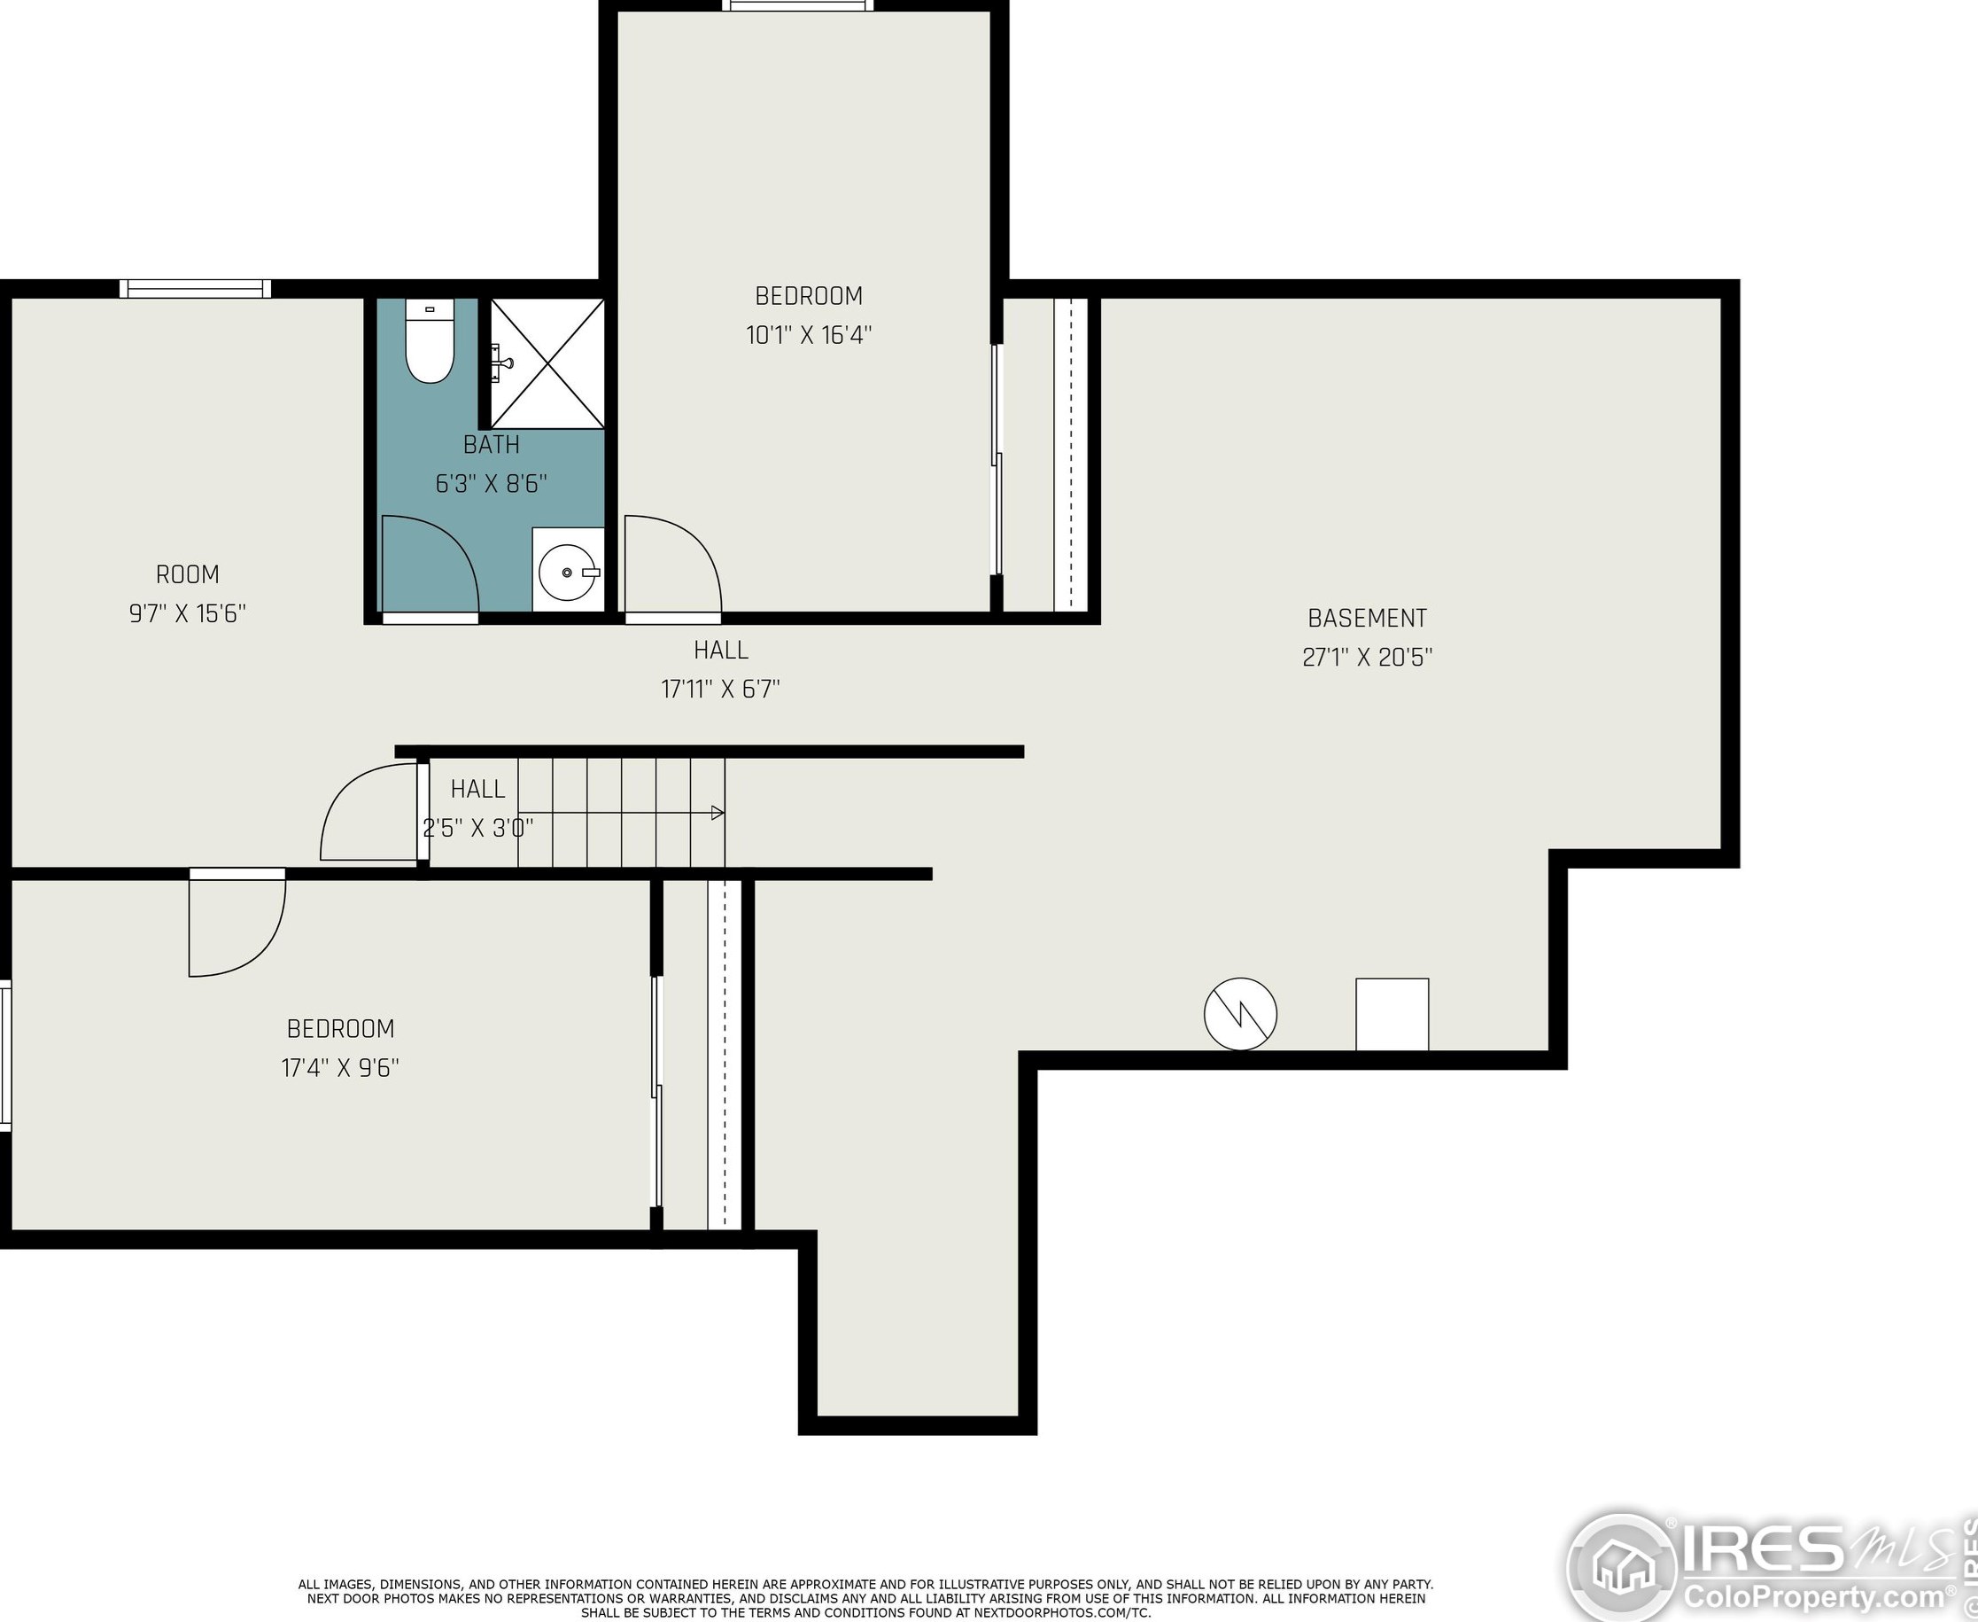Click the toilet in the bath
[x=430, y=341]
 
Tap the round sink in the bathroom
[x=568, y=572]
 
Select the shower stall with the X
[x=548, y=363]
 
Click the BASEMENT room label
[x=1367, y=619]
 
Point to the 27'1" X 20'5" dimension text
[x=1367, y=658]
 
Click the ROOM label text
[x=188, y=574]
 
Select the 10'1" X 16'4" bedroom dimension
[x=809, y=335]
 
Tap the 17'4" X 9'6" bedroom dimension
[x=341, y=1068]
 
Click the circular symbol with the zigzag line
[x=1240, y=1015]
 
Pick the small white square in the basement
[x=1392, y=1015]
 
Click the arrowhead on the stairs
[x=718, y=813]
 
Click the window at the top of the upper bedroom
[x=797, y=5]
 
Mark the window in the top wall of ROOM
[x=195, y=289]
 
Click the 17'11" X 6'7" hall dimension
[x=721, y=690]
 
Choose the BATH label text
[x=492, y=445]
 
